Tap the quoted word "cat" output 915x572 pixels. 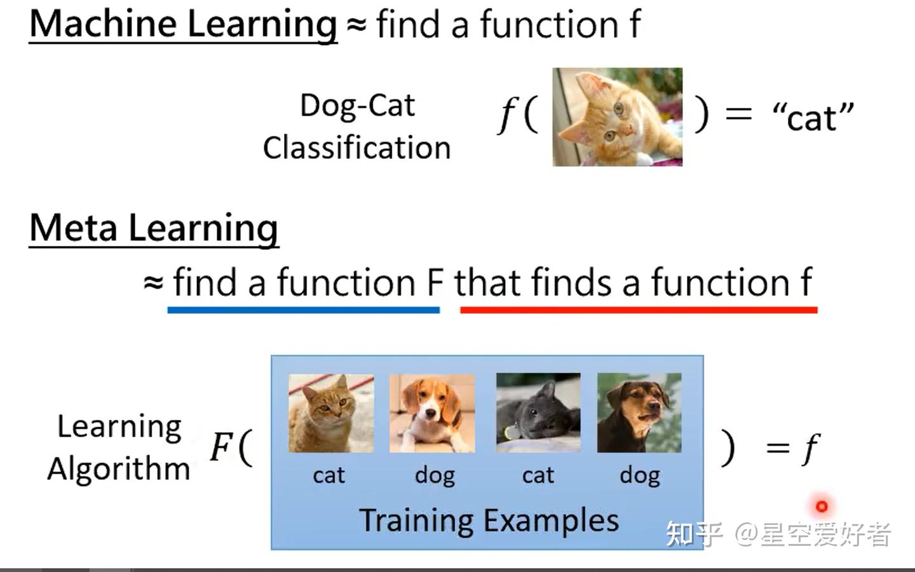coord(813,117)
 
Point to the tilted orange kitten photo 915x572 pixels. coord(617,117)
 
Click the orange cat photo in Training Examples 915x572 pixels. coord(331,413)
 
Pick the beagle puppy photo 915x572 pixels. coord(432,413)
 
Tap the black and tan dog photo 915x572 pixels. coord(639,413)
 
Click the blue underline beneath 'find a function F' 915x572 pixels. coord(304,310)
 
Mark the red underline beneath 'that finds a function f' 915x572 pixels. coord(639,310)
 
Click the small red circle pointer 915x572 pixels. coord(822,507)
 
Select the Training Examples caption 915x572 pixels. coord(489,521)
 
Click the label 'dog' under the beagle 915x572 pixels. coord(435,475)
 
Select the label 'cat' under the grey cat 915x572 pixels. coord(538,475)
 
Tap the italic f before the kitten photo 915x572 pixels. coord(506,116)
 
